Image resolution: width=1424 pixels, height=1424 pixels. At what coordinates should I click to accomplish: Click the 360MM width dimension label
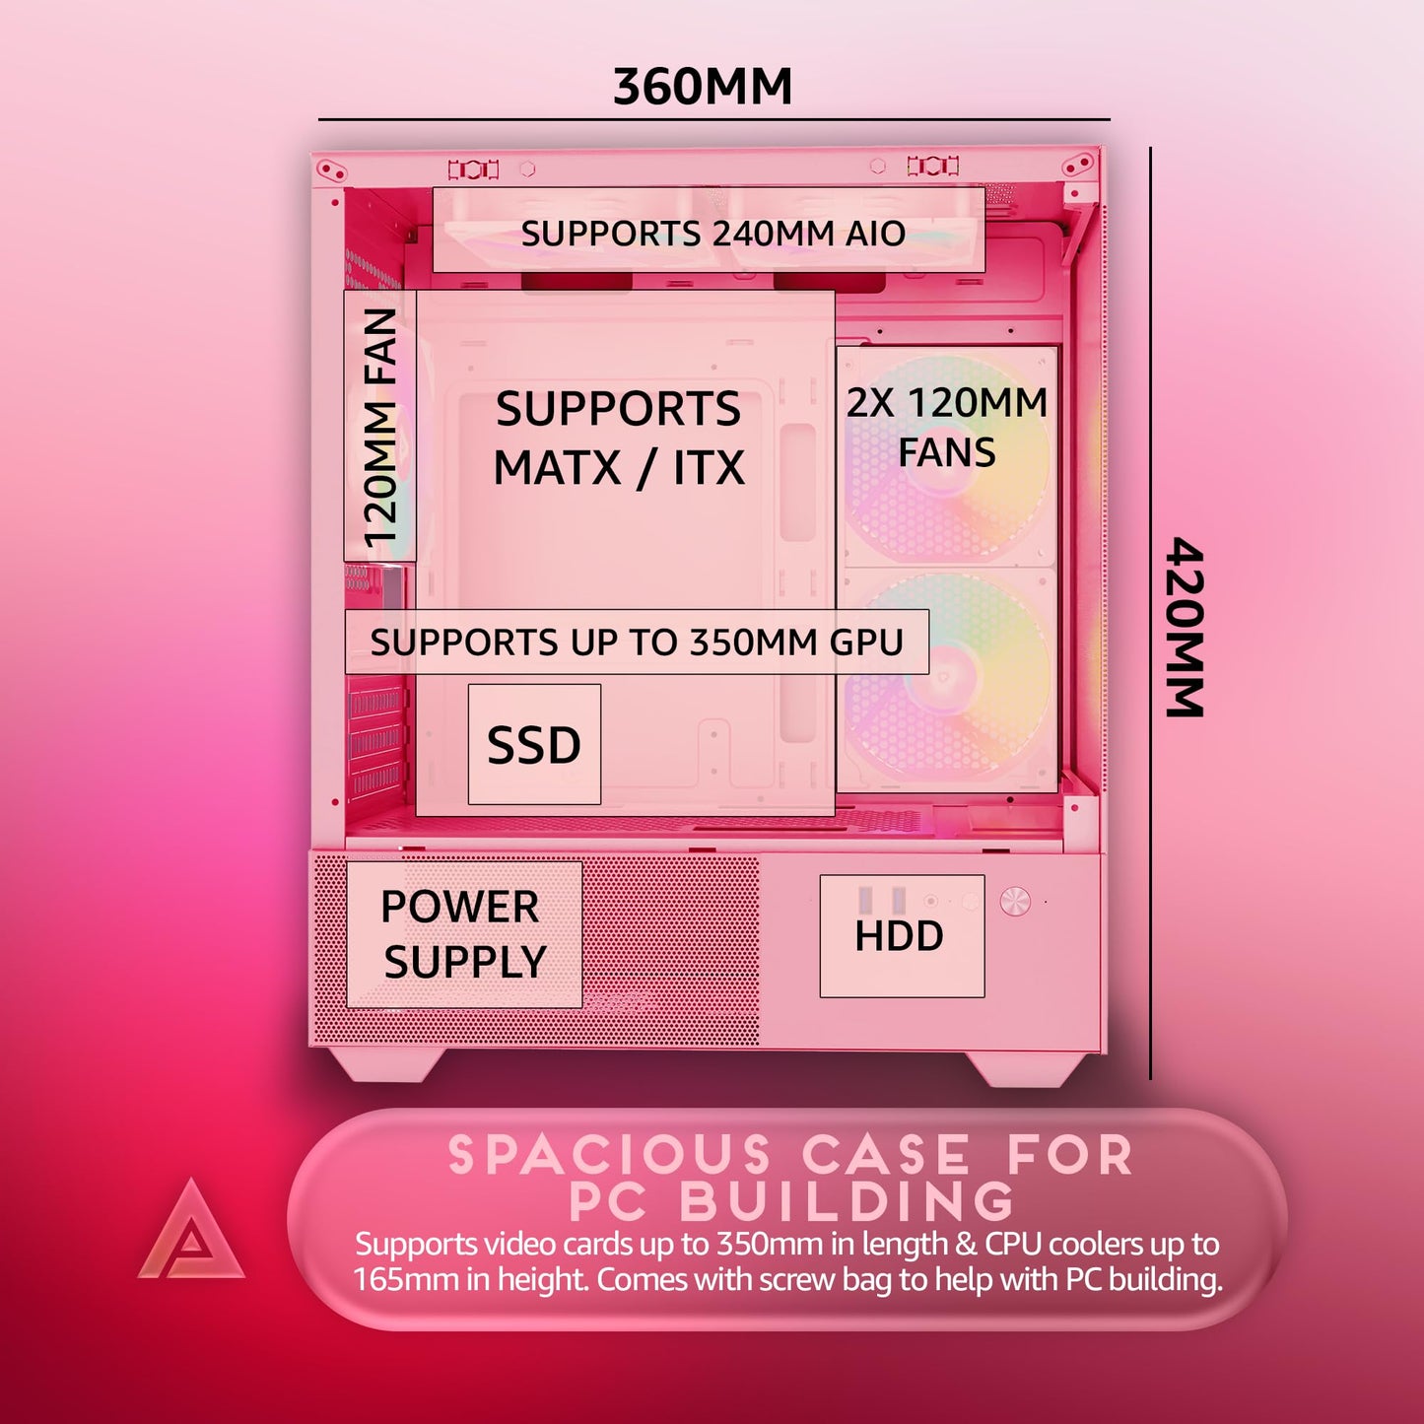pyautogui.click(x=703, y=86)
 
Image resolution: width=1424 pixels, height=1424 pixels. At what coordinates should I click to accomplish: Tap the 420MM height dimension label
pyautogui.click(x=1185, y=627)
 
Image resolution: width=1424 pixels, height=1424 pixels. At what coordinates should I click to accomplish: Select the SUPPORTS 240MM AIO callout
pyautogui.click(x=712, y=234)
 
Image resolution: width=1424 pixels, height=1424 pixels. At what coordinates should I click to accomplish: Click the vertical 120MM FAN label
pyautogui.click(x=380, y=427)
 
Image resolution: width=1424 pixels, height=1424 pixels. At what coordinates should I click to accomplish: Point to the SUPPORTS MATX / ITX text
pyautogui.click(x=618, y=438)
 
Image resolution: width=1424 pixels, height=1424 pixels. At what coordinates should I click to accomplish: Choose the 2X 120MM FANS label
pyautogui.click(x=946, y=427)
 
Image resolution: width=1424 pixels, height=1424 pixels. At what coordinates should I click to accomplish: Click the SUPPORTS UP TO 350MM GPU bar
pyautogui.click(x=637, y=643)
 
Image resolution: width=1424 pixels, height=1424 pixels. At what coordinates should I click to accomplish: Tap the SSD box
pyautogui.click(x=534, y=744)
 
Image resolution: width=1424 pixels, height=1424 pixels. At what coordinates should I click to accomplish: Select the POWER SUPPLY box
pyautogui.click(x=463, y=934)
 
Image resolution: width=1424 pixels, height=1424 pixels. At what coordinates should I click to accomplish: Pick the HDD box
pyautogui.click(x=901, y=935)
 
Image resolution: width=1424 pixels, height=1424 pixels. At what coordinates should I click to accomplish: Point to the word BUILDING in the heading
pyautogui.click(x=847, y=1200)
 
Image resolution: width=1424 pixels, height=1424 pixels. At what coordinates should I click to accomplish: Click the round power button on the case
pyautogui.click(x=1015, y=901)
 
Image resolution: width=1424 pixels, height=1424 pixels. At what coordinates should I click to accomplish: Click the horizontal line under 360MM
pyautogui.click(x=714, y=119)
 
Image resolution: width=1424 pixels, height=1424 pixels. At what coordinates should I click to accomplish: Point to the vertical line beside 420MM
pyautogui.click(x=1150, y=611)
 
